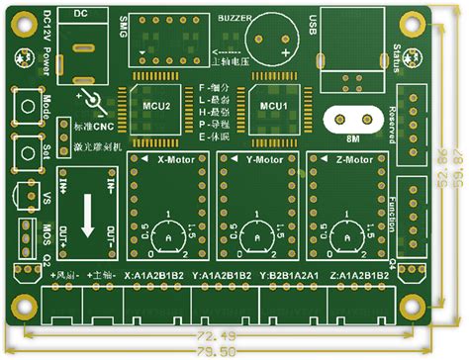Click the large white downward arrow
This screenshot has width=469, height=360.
(x=87, y=217)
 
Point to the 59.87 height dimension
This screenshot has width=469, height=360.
(x=457, y=178)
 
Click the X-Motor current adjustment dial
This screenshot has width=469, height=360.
(x=170, y=237)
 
